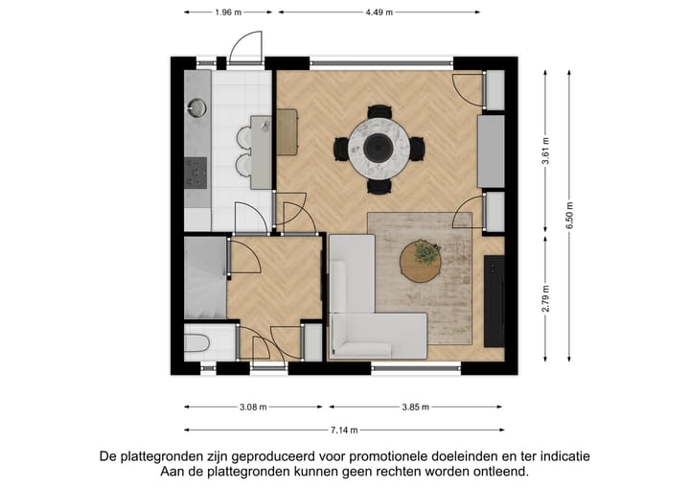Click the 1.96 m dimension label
point(227,12)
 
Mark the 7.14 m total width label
point(343,430)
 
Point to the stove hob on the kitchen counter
point(196,173)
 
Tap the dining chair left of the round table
point(341,149)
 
